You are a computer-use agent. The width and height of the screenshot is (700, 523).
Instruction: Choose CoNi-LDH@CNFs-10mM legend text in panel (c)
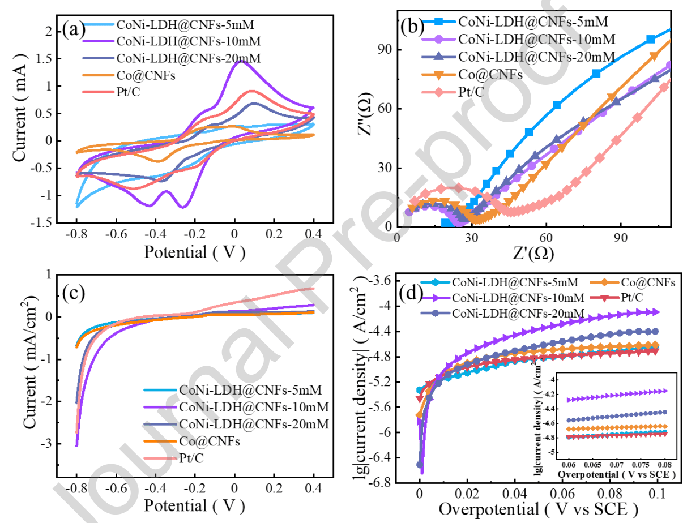(x=254, y=406)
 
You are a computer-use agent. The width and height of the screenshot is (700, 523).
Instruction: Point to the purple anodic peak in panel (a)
(x=242, y=61)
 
